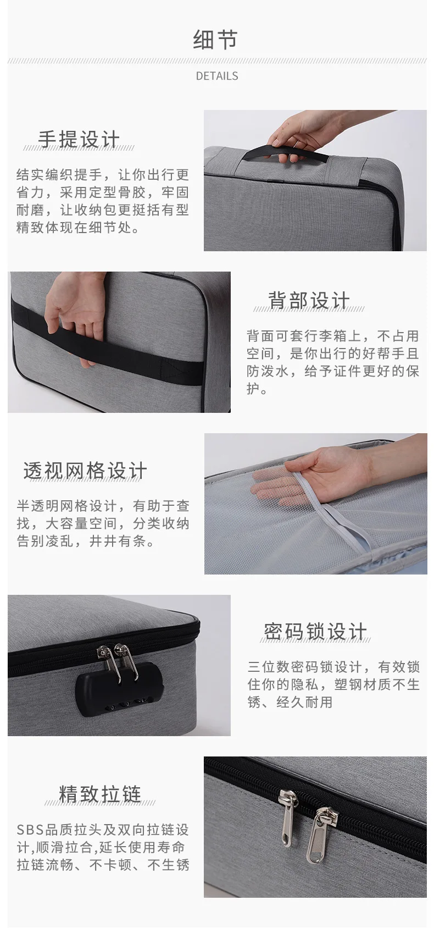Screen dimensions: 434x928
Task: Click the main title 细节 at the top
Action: click(x=215, y=40)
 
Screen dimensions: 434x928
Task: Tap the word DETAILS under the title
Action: click(x=217, y=76)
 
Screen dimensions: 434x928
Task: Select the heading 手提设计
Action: click(x=79, y=139)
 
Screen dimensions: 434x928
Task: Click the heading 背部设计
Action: click(x=309, y=300)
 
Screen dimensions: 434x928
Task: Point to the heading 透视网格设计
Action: click(x=85, y=471)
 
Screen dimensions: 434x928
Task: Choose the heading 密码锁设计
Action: click(x=315, y=632)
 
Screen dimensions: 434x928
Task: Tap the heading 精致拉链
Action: click(x=100, y=794)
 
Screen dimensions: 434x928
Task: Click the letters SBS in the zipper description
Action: click(x=30, y=830)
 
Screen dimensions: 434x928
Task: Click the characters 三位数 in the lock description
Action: click(x=269, y=667)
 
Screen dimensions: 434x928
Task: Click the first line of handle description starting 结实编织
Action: click(x=103, y=174)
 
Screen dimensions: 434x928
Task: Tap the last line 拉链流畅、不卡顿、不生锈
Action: click(x=103, y=865)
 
